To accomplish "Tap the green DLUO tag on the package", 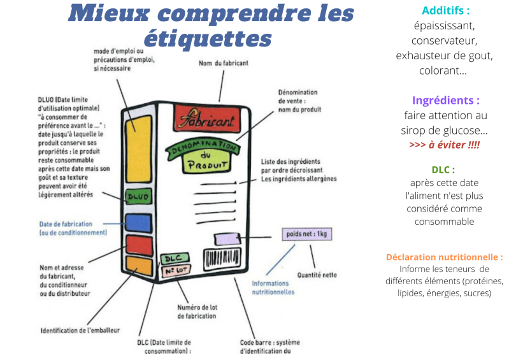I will tap(138, 197).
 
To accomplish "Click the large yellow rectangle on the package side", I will tap(138, 148).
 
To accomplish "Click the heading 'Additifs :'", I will tap(445, 11).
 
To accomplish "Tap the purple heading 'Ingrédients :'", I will tap(445, 101).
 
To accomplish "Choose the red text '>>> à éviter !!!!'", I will tap(445, 145).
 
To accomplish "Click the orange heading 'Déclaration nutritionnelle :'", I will tap(444, 257).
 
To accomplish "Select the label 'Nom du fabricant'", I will tap(223, 63).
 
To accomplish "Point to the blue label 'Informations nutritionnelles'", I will tap(273, 287).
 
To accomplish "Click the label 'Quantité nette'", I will tap(318, 275).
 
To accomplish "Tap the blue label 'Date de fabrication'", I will tap(66, 224).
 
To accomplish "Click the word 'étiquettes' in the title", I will tap(208, 38).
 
